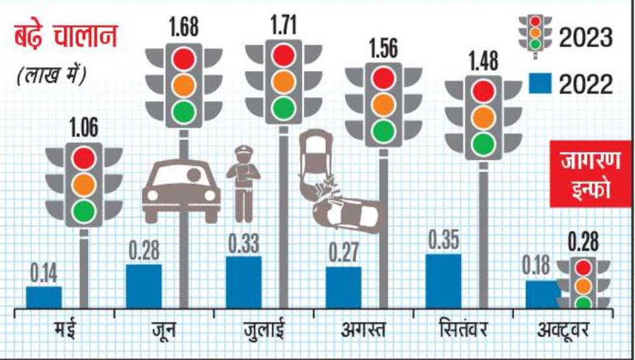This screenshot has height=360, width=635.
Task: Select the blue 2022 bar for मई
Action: tap(44, 296)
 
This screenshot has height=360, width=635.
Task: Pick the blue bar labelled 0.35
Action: tap(443, 281)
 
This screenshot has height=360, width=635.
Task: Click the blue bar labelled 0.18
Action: tap(541, 294)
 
